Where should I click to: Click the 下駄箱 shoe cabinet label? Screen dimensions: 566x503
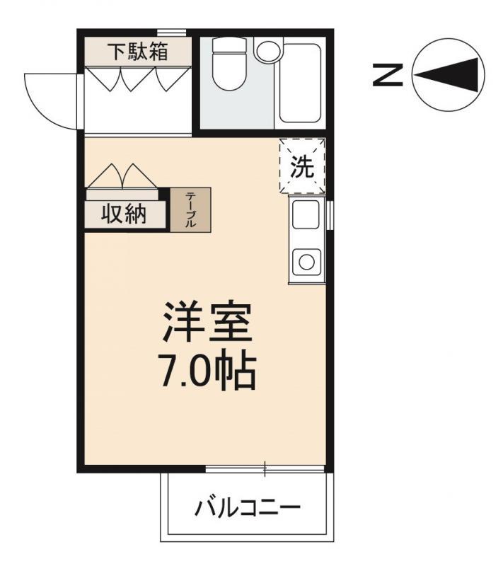(x=138, y=52)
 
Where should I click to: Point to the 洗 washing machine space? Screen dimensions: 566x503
(x=302, y=167)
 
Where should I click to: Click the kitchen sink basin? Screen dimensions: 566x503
(x=306, y=214)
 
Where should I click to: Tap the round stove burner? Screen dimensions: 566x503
(x=306, y=261)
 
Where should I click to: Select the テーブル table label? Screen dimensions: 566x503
(x=190, y=209)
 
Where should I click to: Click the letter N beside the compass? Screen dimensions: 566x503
(x=388, y=74)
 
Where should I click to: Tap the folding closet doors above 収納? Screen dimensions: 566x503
(x=122, y=177)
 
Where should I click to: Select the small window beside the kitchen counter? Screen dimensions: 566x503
(x=330, y=214)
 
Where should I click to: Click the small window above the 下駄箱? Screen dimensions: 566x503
(x=171, y=32)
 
